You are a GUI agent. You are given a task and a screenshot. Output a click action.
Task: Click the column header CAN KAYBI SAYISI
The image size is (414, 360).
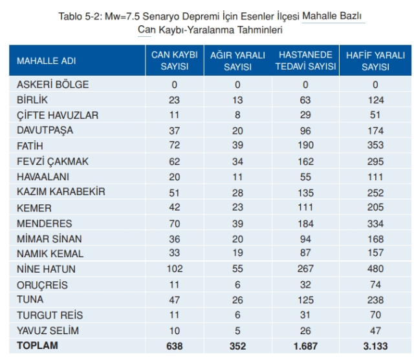click(174, 61)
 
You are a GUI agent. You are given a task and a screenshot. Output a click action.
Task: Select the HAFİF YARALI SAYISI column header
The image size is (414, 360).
click(375, 61)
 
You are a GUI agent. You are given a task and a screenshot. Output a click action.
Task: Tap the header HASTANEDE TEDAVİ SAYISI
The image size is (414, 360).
click(305, 61)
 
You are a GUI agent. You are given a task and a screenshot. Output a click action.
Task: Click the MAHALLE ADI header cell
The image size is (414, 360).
click(46, 61)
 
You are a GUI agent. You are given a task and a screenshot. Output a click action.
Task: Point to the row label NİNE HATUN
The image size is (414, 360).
click(46, 269)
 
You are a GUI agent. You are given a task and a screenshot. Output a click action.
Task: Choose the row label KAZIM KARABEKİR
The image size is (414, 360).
click(61, 192)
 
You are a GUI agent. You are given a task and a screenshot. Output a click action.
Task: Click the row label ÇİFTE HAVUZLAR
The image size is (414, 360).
click(58, 115)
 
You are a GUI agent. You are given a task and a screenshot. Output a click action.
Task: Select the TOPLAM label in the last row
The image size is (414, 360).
click(38, 346)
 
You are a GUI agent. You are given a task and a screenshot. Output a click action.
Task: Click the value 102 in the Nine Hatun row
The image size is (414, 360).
click(174, 269)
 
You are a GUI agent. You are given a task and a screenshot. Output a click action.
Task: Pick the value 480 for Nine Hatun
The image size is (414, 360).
click(375, 269)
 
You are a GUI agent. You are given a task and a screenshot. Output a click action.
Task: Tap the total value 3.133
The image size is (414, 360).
click(375, 346)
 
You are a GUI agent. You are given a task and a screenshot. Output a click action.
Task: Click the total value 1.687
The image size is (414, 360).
click(305, 346)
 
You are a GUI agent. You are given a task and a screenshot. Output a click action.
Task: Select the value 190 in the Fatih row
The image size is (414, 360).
click(305, 146)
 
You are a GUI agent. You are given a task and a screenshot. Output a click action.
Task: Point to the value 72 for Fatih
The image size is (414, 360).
click(174, 146)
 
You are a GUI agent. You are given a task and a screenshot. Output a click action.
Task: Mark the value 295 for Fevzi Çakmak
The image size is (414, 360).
click(375, 162)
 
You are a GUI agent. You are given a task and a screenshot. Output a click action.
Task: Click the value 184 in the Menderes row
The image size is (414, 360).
click(305, 223)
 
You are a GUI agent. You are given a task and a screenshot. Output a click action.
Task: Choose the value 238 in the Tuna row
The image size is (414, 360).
click(375, 300)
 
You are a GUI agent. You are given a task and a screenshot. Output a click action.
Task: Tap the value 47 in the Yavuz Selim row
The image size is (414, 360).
click(375, 331)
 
